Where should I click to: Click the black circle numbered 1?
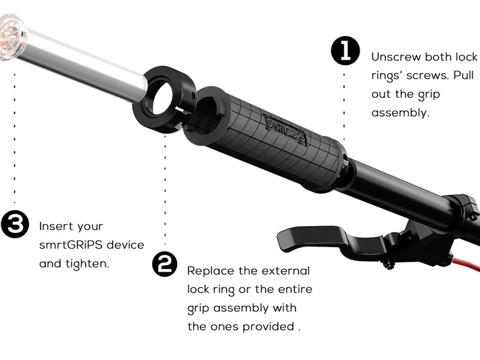[x=345, y=50]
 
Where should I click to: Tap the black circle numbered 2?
[x=165, y=264]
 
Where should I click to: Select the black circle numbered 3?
[x=14, y=224]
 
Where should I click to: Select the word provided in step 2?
[x=268, y=326]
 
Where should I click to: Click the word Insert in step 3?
[x=54, y=226]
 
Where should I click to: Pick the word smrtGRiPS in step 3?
[x=70, y=245]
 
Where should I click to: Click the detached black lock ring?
[x=165, y=99]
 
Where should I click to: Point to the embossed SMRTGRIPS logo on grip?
[x=285, y=128]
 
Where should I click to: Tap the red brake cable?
[x=466, y=265]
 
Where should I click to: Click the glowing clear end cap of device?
[x=12, y=37]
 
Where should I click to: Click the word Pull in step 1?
[x=463, y=75]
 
